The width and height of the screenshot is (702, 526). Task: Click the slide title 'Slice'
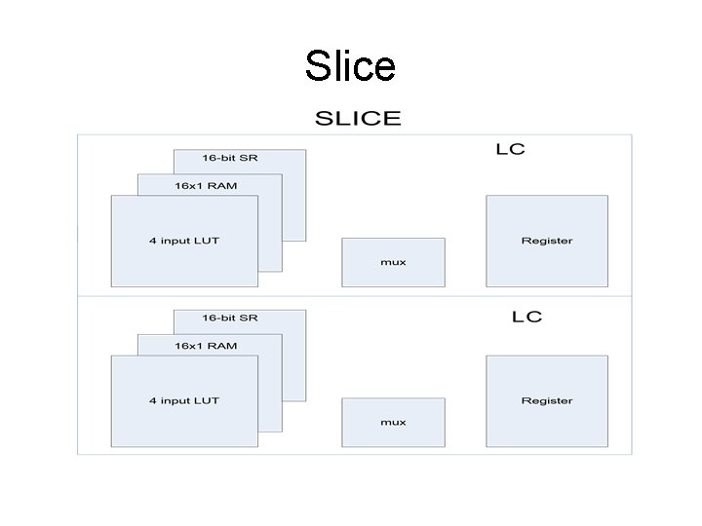click(350, 66)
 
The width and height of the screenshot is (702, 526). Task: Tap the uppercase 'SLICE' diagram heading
click(357, 119)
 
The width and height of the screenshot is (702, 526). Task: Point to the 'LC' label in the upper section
click(510, 150)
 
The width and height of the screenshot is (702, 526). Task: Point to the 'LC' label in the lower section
click(526, 317)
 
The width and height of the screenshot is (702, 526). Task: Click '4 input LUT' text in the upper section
click(184, 240)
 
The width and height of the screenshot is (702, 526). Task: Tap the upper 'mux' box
click(393, 261)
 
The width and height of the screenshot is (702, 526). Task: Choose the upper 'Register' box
click(546, 240)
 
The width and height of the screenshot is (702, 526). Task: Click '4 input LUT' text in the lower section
click(184, 400)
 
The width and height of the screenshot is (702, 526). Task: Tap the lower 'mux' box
click(393, 422)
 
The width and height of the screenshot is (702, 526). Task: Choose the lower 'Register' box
click(546, 400)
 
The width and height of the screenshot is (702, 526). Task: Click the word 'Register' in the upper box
click(546, 240)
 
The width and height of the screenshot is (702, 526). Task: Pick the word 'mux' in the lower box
click(393, 422)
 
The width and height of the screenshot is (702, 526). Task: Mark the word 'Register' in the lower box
click(546, 400)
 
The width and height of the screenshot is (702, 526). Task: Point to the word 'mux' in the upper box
click(393, 262)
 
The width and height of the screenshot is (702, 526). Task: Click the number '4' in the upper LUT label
click(152, 240)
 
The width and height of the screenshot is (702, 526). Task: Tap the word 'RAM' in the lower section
click(222, 345)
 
